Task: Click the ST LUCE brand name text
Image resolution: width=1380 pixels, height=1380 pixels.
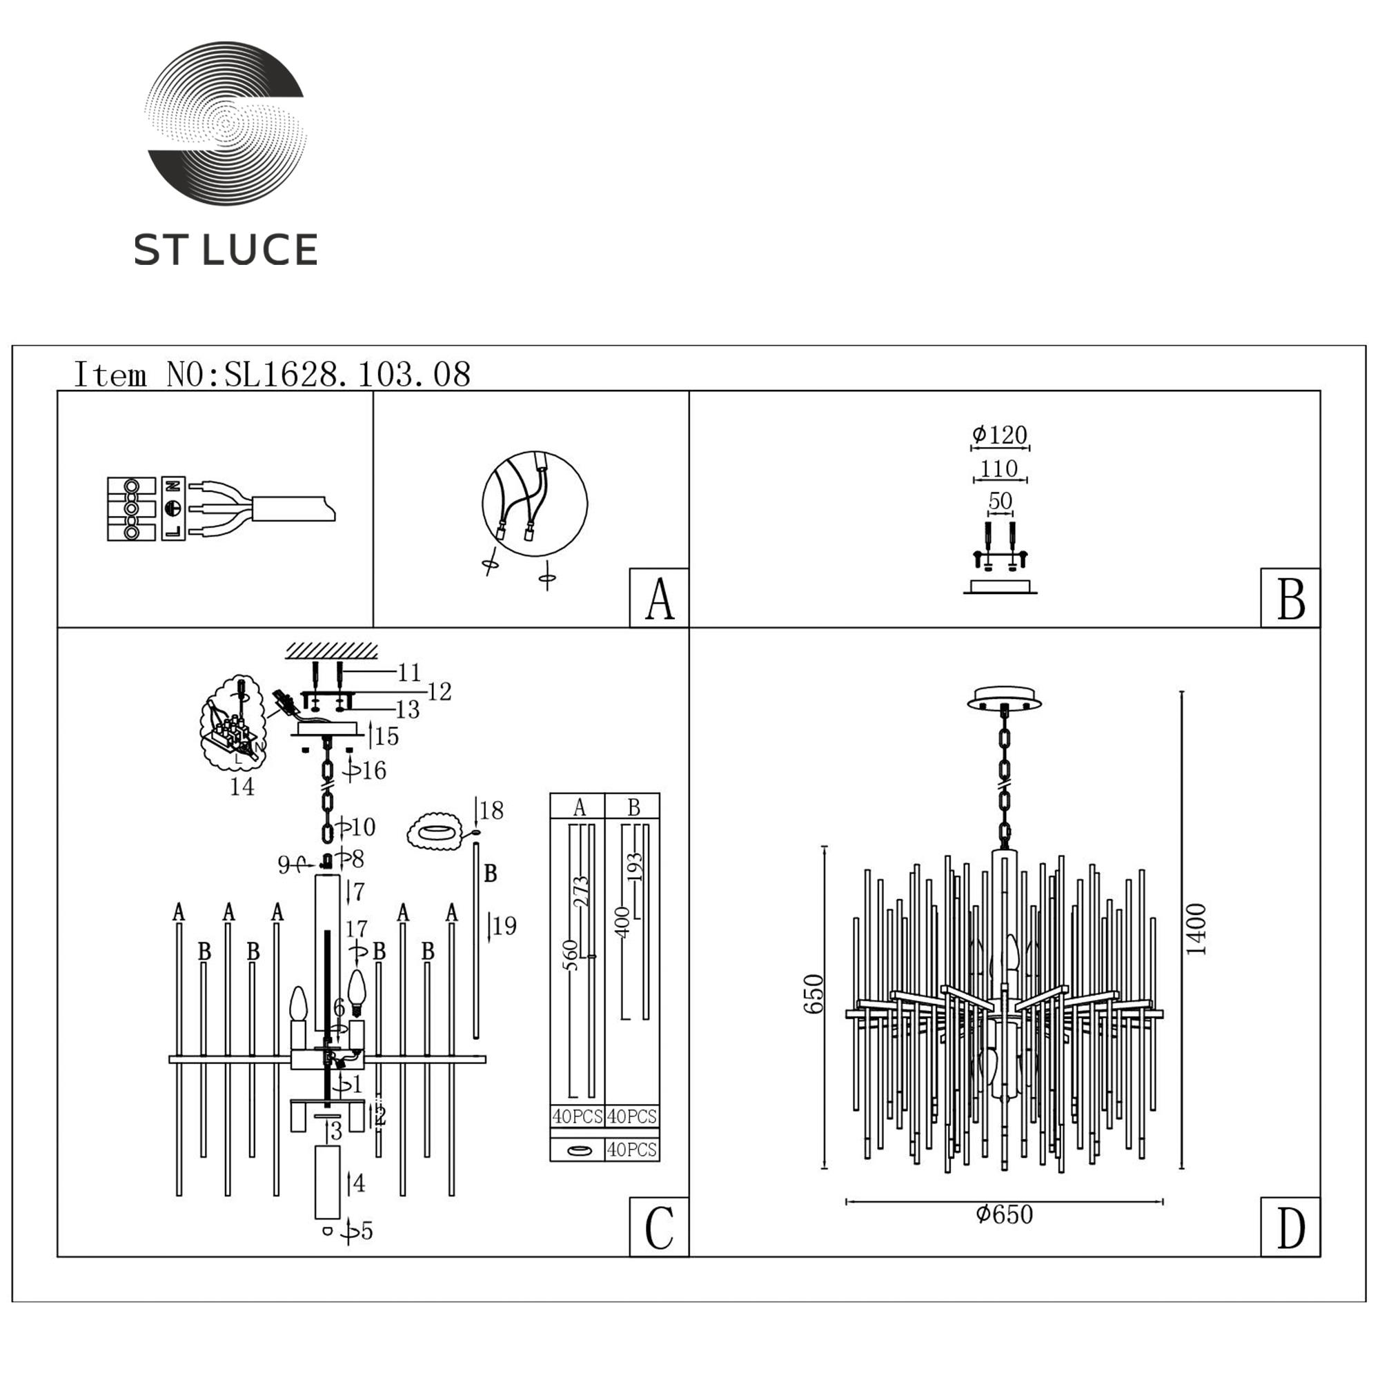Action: point(226,250)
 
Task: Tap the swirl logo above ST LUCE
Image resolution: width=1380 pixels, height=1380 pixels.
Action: point(225,123)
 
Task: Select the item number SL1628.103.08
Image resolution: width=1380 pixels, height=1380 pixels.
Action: point(347,374)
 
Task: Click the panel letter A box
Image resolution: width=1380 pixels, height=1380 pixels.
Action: point(658,598)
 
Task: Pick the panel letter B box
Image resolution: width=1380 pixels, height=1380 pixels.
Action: point(1290,598)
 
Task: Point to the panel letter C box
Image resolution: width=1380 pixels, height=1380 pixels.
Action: point(658,1227)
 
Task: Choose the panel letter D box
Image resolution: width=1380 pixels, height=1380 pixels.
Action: point(1290,1227)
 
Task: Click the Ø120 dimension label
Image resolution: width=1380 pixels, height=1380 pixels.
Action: point(999,434)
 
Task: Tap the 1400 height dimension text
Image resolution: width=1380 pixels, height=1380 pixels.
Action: point(1196,929)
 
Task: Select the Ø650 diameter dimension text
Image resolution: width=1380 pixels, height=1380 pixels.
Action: point(1004,1214)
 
